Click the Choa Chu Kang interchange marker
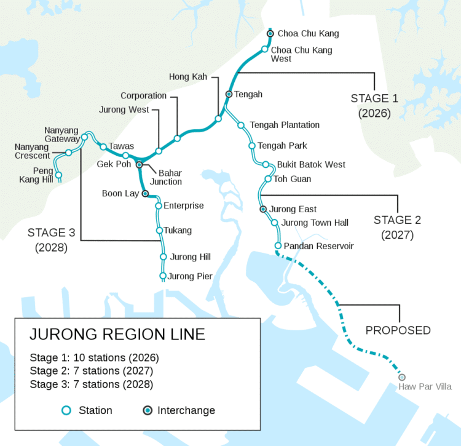coord(270,33)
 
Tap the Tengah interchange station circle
coord(229,94)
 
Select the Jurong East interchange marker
coord(263,209)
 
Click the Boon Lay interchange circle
coord(146,193)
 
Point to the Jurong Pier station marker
coord(163,276)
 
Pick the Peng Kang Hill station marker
coord(59,175)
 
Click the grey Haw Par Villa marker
coord(402,376)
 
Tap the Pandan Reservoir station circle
coord(278,245)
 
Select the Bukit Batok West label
coord(311,165)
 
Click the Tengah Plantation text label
coord(285,125)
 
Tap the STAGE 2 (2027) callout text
coord(397,227)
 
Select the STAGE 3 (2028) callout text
coord(51,240)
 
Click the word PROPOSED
coord(398,330)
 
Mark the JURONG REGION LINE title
coord(117,335)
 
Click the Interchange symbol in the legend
coord(148,410)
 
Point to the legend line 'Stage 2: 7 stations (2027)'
coord(91,371)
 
